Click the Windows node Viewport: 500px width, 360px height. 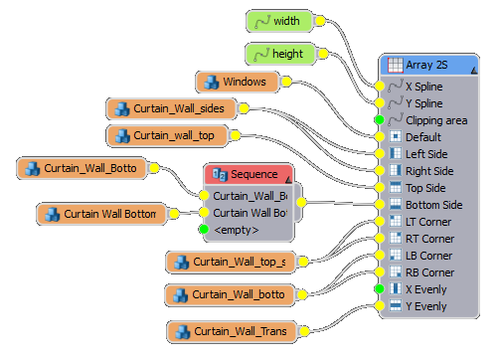pos(236,81)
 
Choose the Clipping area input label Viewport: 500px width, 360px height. pos(436,119)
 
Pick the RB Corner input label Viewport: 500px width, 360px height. pos(429,271)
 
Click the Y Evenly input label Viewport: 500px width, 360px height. pos(426,305)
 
